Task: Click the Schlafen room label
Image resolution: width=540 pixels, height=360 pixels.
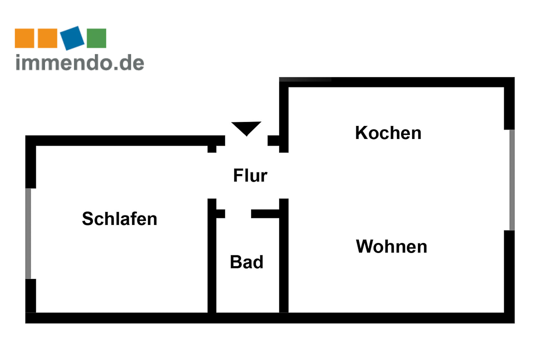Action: [119, 219]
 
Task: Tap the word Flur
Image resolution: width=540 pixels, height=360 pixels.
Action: [250, 176]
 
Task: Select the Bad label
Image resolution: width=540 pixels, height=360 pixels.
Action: [246, 262]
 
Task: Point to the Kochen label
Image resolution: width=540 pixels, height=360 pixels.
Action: [388, 133]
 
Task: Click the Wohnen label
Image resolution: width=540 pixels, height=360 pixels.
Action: [391, 246]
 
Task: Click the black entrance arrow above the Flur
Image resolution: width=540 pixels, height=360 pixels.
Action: [246, 128]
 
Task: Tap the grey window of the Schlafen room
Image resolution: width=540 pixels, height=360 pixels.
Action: [28, 233]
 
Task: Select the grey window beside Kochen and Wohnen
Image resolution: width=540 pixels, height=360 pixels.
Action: [511, 180]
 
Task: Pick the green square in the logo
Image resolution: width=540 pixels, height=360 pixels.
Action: [96, 38]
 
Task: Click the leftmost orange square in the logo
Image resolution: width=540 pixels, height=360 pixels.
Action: [24, 38]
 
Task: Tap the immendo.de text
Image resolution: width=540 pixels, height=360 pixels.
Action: [80, 62]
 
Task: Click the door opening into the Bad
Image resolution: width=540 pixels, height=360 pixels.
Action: [238, 214]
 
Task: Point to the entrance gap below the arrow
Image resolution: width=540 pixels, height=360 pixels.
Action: [246, 141]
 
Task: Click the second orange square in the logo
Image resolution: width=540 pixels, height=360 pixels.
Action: [47, 38]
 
